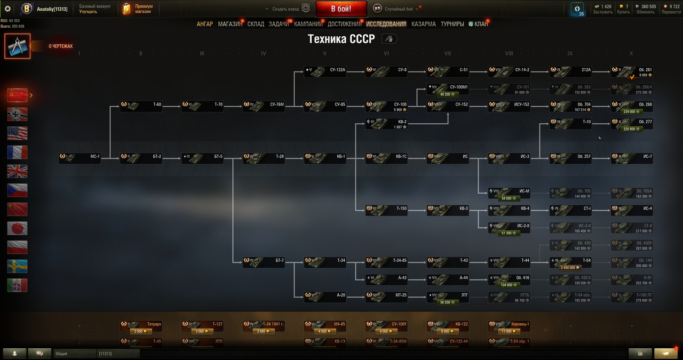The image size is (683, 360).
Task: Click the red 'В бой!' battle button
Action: click(341, 9)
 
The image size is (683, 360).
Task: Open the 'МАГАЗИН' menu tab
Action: click(230, 24)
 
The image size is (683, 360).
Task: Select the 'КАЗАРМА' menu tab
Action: click(423, 24)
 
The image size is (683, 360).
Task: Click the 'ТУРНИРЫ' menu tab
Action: click(452, 24)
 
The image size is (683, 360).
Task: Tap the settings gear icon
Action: click(7, 9)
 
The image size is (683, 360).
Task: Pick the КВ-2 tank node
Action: click(386, 124)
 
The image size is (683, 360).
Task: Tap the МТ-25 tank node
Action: click(386, 296)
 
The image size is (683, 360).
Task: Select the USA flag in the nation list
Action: click(17, 133)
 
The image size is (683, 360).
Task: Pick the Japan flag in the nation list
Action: click(17, 228)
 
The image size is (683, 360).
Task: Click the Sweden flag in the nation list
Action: click(17, 266)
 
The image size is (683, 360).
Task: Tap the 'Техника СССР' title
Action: click(341, 39)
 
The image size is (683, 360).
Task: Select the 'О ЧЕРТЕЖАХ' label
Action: click(60, 46)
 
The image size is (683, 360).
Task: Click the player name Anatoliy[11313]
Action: click(52, 9)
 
